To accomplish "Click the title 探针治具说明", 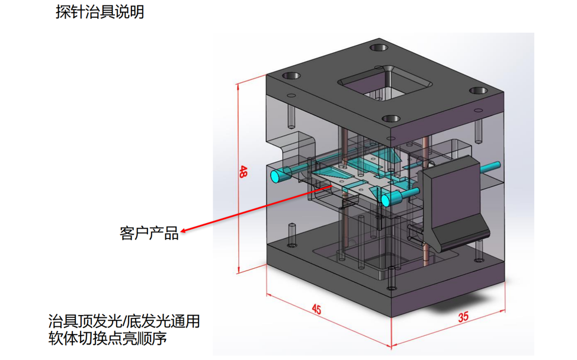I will click(100, 12).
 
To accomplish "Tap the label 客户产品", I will click(149, 233).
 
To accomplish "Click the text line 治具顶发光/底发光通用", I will click(124, 322).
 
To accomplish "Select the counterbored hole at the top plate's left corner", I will click(290, 76).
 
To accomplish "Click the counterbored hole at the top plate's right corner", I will click(478, 91).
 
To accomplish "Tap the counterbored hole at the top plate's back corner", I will click(377, 48).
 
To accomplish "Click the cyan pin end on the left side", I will click(277, 176).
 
